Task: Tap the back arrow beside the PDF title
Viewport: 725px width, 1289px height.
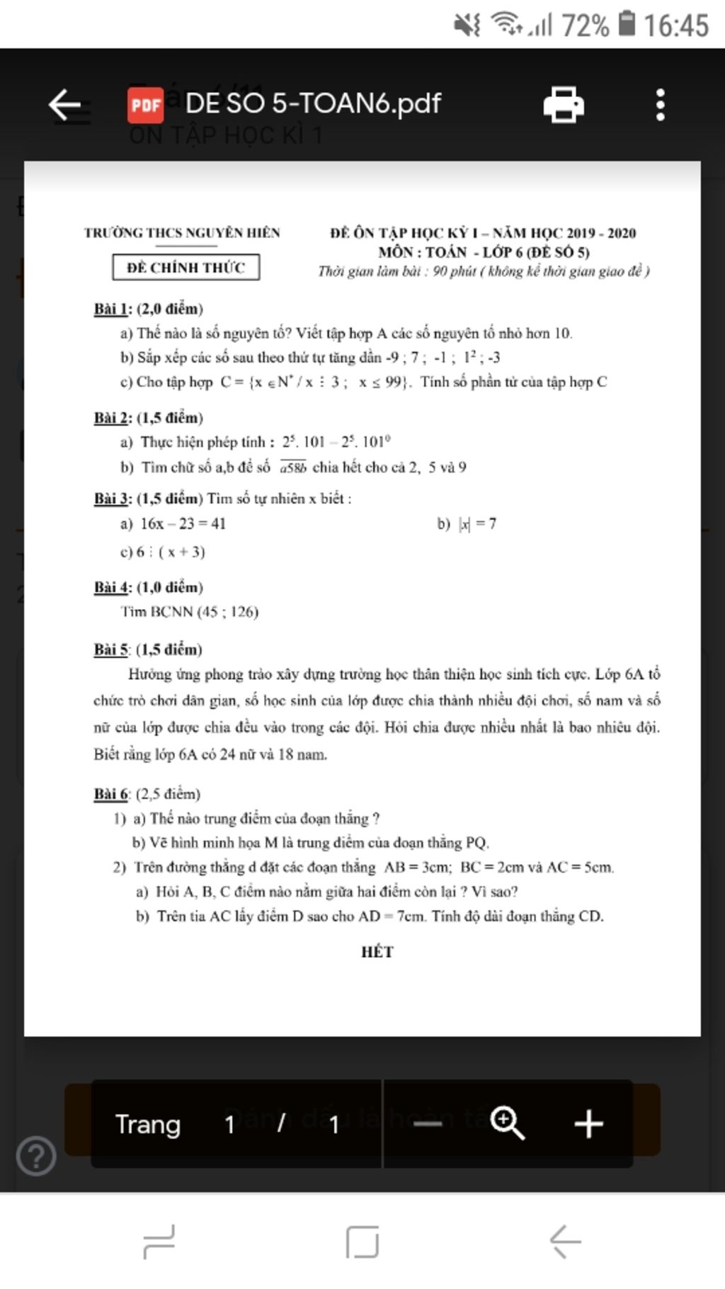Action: [65, 106]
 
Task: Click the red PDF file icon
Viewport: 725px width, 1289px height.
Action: [146, 106]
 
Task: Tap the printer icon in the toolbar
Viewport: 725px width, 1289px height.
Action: [564, 106]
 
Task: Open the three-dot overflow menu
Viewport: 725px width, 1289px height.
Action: [660, 106]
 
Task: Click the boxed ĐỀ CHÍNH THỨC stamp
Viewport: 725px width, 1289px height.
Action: [186, 268]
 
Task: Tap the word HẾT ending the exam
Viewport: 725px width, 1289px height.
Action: [377, 952]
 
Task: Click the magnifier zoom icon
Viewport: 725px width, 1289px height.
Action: [507, 1124]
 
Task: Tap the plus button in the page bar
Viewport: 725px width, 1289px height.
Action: [588, 1124]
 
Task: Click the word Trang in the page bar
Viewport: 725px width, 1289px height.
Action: [148, 1125]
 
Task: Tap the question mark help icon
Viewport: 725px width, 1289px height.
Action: [36, 1156]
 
